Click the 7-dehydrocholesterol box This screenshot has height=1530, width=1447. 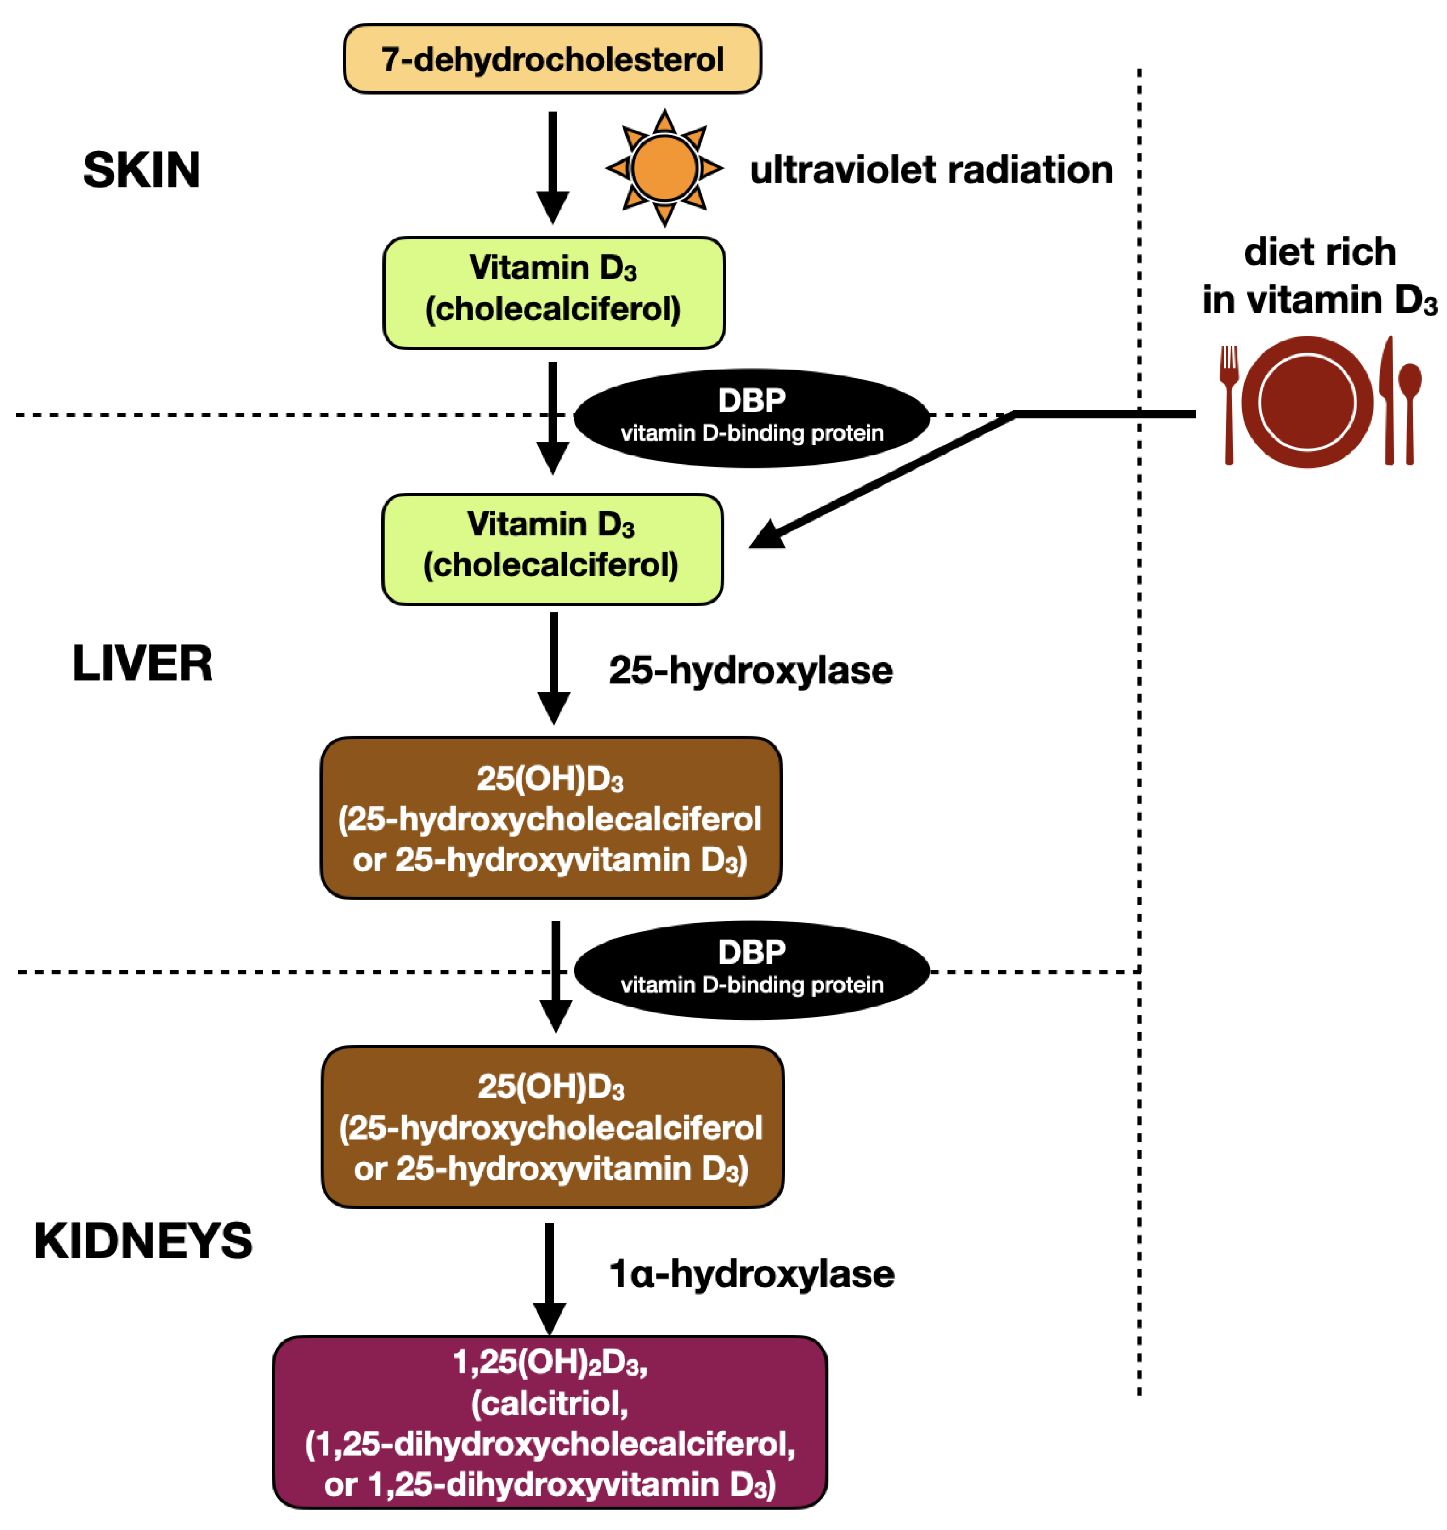pos(552,59)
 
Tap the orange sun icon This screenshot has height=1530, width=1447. pos(664,167)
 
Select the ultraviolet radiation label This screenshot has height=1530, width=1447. pos(931,170)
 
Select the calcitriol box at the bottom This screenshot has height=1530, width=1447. pos(550,1422)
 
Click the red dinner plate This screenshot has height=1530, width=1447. pos(1307,402)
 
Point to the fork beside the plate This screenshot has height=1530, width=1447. pos(1229,404)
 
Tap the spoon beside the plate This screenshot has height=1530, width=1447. pos(1410,413)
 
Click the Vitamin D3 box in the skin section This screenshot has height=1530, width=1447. pos(554,293)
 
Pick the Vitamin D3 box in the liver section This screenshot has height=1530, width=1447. pos(552,549)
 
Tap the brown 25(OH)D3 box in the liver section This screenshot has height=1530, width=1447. pos(550,818)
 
